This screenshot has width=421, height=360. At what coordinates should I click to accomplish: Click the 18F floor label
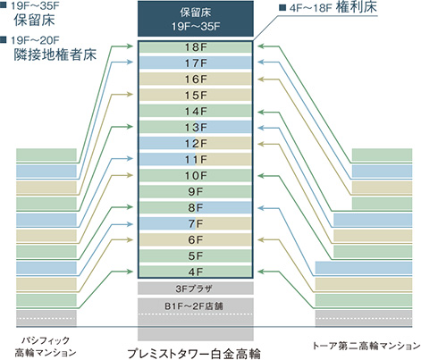click(x=196, y=47)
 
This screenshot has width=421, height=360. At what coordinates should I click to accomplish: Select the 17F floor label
click(x=196, y=63)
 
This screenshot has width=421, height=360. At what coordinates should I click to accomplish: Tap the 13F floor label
click(x=196, y=128)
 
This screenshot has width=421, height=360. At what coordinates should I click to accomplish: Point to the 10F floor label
click(x=196, y=176)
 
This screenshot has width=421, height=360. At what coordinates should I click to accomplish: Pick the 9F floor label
click(x=196, y=192)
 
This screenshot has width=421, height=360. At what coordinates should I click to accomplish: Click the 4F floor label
click(x=196, y=272)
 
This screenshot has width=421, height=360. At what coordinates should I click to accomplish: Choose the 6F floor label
click(x=196, y=239)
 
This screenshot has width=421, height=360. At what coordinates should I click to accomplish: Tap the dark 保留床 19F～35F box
click(x=196, y=19)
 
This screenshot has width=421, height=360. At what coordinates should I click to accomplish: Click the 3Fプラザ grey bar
click(x=196, y=289)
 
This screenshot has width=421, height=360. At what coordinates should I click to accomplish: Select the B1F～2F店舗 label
click(x=194, y=306)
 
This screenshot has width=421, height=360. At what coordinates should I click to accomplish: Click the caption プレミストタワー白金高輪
click(x=194, y=354)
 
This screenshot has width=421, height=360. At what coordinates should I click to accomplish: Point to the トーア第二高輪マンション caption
click(x=366, y=346)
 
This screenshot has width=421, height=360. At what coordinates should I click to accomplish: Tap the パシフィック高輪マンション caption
click(x=46, y=347)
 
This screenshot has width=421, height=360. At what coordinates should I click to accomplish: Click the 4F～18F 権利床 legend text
click(x=333, y=7)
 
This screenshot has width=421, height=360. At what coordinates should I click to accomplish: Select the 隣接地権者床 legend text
click(x=55, y=54)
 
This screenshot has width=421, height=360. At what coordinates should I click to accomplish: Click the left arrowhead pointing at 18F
click(x=130, y=46)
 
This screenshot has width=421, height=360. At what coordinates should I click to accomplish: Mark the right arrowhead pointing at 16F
click(x=261, y=80)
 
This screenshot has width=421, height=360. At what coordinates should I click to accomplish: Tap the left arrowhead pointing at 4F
click(x=130, y=272)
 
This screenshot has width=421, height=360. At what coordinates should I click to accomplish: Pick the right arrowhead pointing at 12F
click(x=261, y=144)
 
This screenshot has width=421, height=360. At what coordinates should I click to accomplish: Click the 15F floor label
click(x=196, y=96)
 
